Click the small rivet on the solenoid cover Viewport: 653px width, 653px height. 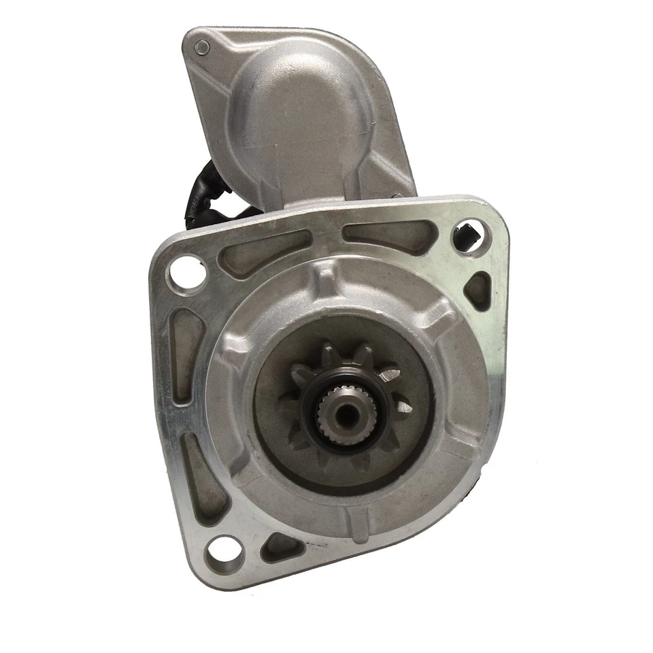click(202, 46)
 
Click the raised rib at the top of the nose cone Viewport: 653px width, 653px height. click(327, 279)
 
